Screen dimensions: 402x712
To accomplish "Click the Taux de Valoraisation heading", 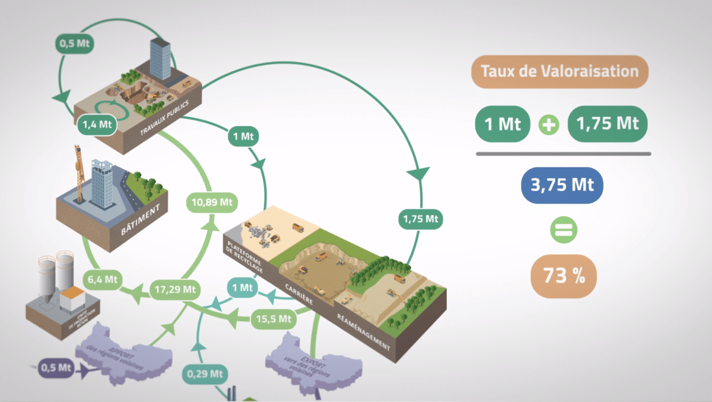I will coord(560,71).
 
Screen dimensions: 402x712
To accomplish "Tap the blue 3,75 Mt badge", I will coord(561,183).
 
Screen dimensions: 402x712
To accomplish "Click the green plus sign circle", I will coord(548,125).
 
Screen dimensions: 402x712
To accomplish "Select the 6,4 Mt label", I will coord(101,278).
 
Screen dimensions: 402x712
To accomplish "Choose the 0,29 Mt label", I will coord(205,374).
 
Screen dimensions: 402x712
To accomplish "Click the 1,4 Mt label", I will coord(96,124).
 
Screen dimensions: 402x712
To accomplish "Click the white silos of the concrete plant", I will coord(56,273).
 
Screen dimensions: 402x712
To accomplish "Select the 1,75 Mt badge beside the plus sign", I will coord(607,125).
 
